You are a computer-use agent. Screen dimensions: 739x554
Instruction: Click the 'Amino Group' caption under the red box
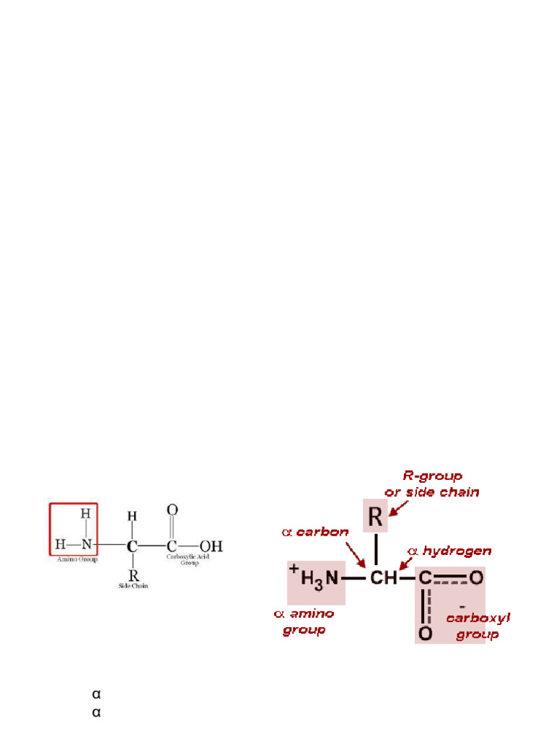[x=77, y=559]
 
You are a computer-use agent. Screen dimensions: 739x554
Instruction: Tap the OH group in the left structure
[x=211, y=545]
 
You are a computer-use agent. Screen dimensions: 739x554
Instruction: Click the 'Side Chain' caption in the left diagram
[x=133, y=585]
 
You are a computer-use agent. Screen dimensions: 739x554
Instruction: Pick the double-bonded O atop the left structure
[x=172, y=510]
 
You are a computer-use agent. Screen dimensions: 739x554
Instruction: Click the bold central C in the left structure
[x=132, y=546]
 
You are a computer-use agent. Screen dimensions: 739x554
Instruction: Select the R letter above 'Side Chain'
[x=133, y=575]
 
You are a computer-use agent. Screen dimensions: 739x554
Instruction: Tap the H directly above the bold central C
[x=132, y=517]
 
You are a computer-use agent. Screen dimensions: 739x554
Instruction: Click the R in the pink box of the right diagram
[x=375, y=517]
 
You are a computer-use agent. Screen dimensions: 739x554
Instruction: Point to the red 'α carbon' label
[x=315, y=532]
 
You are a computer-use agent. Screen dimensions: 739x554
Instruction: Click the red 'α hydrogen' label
[x=449, y=551]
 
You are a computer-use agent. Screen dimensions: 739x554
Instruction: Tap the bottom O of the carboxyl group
[x=426, y=633]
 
